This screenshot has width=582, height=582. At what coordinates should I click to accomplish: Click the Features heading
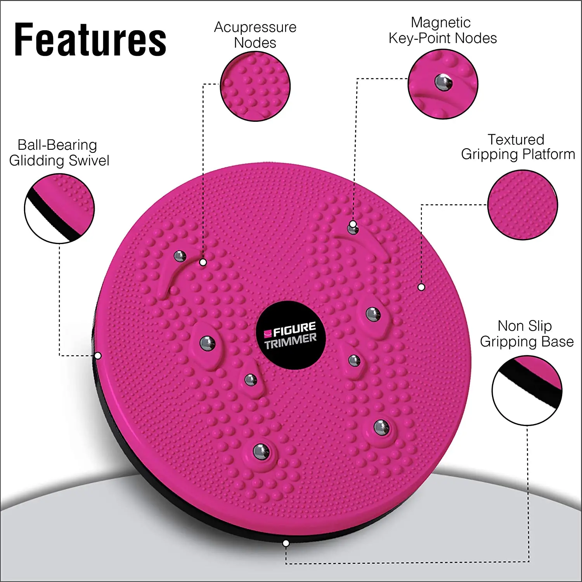pos(90,40)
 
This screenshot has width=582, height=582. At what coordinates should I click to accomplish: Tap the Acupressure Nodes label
pos(255,35)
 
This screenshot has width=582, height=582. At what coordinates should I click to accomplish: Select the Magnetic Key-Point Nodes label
pos(442,30)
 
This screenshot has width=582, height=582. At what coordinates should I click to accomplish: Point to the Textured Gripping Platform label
pos(518,147)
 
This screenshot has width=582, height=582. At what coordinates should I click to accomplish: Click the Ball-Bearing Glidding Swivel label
pos(59,152)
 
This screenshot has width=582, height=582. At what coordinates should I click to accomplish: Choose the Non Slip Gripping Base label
pos(527,334)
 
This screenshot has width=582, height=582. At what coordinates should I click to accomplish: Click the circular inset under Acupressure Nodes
pos(255,86)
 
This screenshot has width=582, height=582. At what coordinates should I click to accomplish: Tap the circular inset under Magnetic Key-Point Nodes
pos(443,84)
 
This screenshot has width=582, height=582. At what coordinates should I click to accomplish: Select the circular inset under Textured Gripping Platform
pos(522,204)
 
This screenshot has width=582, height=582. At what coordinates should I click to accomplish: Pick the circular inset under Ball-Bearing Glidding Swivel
pos(59,208)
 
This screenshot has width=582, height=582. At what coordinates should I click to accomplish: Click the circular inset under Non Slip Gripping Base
pos(527,390)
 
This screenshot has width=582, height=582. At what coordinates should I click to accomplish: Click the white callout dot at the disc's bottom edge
pos(286,543)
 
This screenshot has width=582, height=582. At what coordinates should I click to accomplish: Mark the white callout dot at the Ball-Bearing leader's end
pos(98,356)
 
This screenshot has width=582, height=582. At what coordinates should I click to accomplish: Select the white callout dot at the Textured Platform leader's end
pos(421,287)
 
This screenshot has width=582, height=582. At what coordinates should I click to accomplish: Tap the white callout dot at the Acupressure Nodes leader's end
pos(203,262)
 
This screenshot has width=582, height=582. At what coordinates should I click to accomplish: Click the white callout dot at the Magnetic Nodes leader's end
pos(353,224)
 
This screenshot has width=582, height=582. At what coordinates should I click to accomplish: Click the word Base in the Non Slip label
pos(558,341)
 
